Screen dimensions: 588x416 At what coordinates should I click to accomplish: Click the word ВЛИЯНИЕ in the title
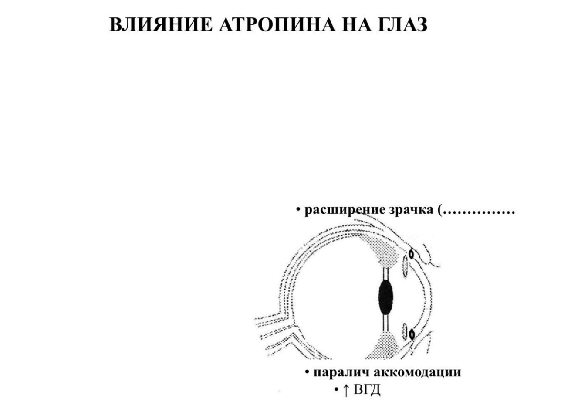tap(161, 25)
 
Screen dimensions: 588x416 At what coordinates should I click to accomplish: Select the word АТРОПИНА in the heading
tap(277, 25)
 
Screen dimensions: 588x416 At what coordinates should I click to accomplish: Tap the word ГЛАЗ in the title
tap(403, 25)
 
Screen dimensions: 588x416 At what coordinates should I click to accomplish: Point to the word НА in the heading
tap(356, 25)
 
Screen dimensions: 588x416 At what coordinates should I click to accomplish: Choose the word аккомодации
tap(417, 373)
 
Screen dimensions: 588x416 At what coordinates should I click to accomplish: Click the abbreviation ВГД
tap(367, 390)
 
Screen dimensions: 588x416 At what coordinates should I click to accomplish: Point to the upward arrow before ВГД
tap(346, 390)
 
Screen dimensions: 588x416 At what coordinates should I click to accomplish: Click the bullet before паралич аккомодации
tap(308, 372)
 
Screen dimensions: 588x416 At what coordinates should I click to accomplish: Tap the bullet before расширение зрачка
tap(298, 209)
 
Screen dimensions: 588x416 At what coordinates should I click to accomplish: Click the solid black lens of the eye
tap(385, 297)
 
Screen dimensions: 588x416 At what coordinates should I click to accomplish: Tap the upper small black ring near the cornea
tap(411, 254)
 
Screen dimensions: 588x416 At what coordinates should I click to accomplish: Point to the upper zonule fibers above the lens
tap(386, 274)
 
